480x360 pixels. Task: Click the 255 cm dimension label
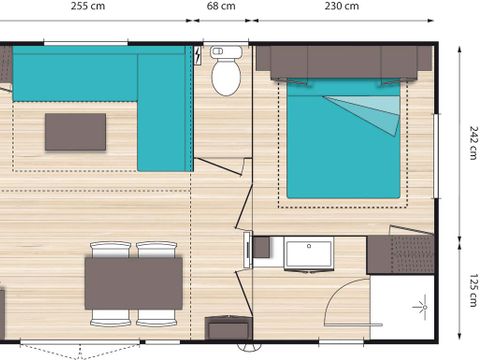[90, 6]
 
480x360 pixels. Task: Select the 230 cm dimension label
[343, 6]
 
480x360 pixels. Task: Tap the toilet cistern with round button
[226, 53]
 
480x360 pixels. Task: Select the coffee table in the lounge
[75, 131]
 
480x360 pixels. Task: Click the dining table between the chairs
[133, 283]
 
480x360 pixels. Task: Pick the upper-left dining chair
[110, 249]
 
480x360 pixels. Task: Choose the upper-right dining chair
[156, 249]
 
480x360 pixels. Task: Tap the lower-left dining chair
[110, 317]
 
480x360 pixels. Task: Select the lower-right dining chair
[156, 317]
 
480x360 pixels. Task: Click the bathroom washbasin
[309, 254]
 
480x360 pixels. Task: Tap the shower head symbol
[420, 301]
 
